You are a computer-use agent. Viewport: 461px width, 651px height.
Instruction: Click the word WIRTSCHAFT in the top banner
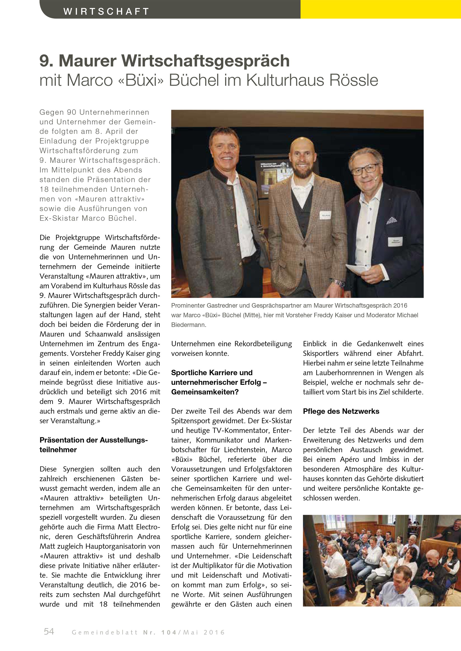(106, 11)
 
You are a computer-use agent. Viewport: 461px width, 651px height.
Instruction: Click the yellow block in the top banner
(380, 9)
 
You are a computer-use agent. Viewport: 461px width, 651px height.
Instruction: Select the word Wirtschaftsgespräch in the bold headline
(206, 60)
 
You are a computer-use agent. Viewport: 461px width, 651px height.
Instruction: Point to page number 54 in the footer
(49, 631)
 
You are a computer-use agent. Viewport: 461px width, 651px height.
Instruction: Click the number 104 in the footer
(169, 632)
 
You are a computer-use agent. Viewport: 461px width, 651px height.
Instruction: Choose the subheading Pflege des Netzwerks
(341, 411)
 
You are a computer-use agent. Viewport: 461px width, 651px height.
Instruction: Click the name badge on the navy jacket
(395, 241)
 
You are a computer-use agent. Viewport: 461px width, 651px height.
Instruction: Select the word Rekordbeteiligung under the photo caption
(263, 344)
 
